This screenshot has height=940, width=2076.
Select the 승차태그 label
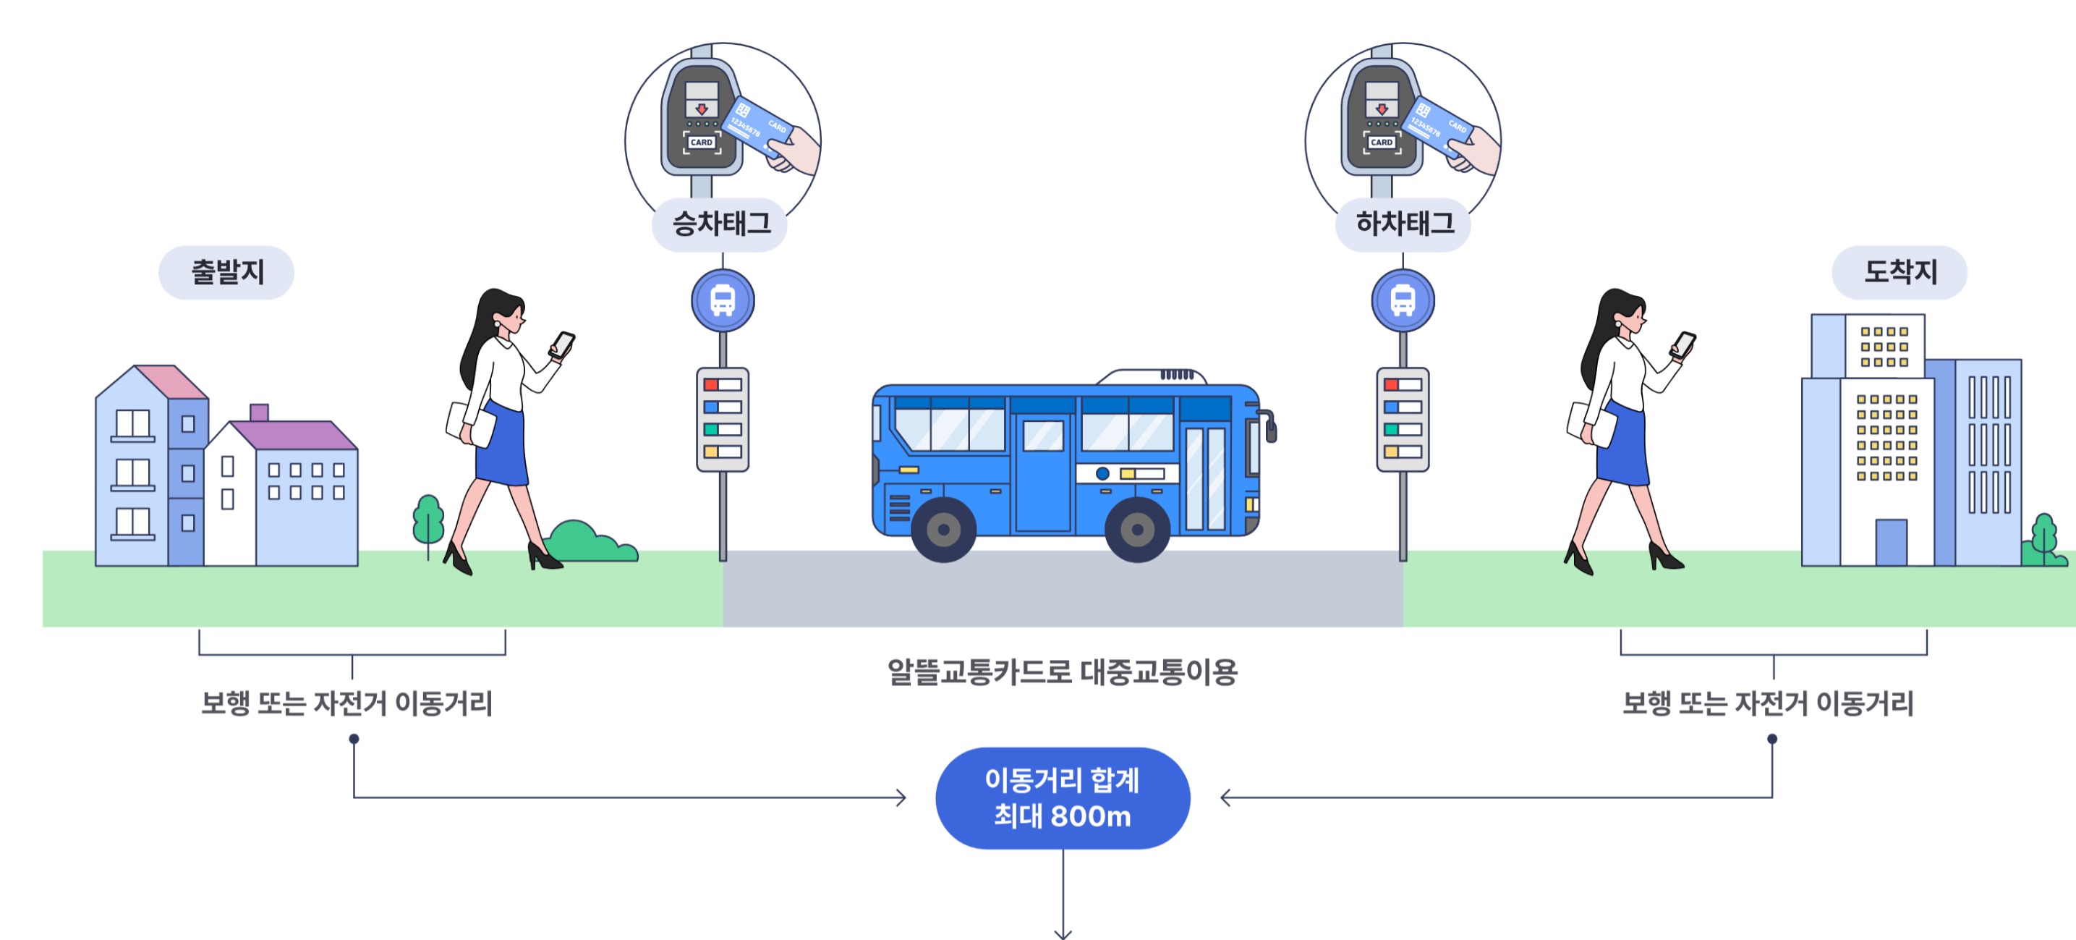[x=720, y=224]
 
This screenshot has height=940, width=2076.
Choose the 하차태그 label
[x=1403, y=224]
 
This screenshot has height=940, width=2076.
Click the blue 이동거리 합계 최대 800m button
[x=1062, y=797]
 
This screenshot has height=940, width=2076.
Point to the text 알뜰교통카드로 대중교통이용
[x=1061, y=672]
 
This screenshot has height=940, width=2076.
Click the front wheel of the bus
[x=1137, y=530]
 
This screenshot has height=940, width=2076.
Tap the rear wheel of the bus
[x=944, y=530]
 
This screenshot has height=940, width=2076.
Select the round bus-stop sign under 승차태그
[x=723, y=301]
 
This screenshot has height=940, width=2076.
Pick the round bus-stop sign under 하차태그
[x=1403, y=301]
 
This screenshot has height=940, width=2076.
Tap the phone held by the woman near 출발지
[x=563, y=344]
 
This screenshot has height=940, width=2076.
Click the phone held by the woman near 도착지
[x=1683, y=344]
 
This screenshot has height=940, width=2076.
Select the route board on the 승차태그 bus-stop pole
[x=723, y=419]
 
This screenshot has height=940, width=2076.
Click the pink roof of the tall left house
[x=171, y=381]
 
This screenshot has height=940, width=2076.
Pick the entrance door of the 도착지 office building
[x=1891, y=542]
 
